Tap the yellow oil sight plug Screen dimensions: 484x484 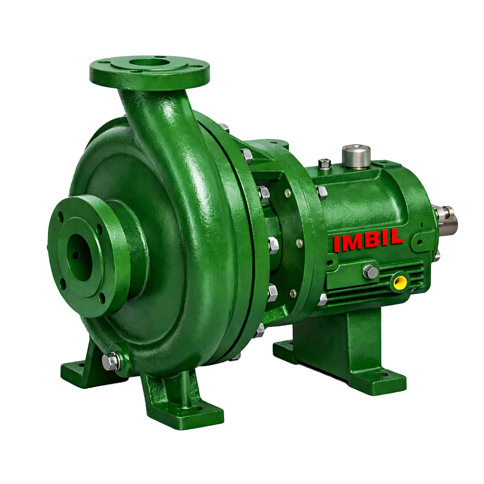click(399, 281)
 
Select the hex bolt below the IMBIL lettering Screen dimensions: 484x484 click(371, 271)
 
